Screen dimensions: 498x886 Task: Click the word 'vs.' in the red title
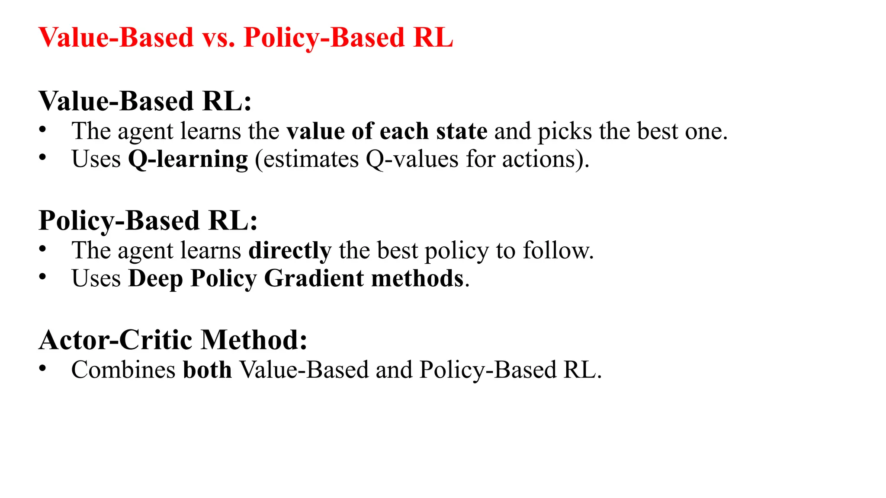click(x=218, y=38)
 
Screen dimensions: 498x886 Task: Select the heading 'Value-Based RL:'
click(x=145, y=101)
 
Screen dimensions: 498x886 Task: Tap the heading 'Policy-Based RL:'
click(x=148, y=220)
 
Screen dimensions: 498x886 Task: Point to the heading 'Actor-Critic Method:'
click(x=173, y=340)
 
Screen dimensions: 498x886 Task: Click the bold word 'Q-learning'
click(x=188, y=160)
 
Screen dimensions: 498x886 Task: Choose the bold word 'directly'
click(x=290, y=251)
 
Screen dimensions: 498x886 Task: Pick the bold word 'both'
click(x=208, y=370)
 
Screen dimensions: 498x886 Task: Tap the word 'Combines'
click(x=123, y=370)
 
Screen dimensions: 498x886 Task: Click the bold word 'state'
click(x=462, y=131)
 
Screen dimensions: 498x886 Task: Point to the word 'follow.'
click(x=558, y=251)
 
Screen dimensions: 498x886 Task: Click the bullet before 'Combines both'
click(x=42, y=368)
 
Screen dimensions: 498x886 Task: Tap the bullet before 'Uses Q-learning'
click(x=42, y=157)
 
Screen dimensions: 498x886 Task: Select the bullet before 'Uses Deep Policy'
click(x=42, y=277)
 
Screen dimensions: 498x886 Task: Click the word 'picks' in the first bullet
click(x=565, y=131)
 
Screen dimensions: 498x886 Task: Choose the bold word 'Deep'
click(x=156, y=278)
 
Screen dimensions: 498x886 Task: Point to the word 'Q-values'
click(x=412, y=160)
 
